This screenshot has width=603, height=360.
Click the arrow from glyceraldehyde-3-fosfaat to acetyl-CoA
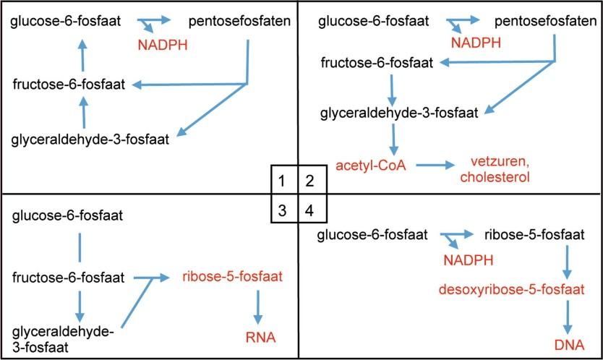[x=394, y=139]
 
